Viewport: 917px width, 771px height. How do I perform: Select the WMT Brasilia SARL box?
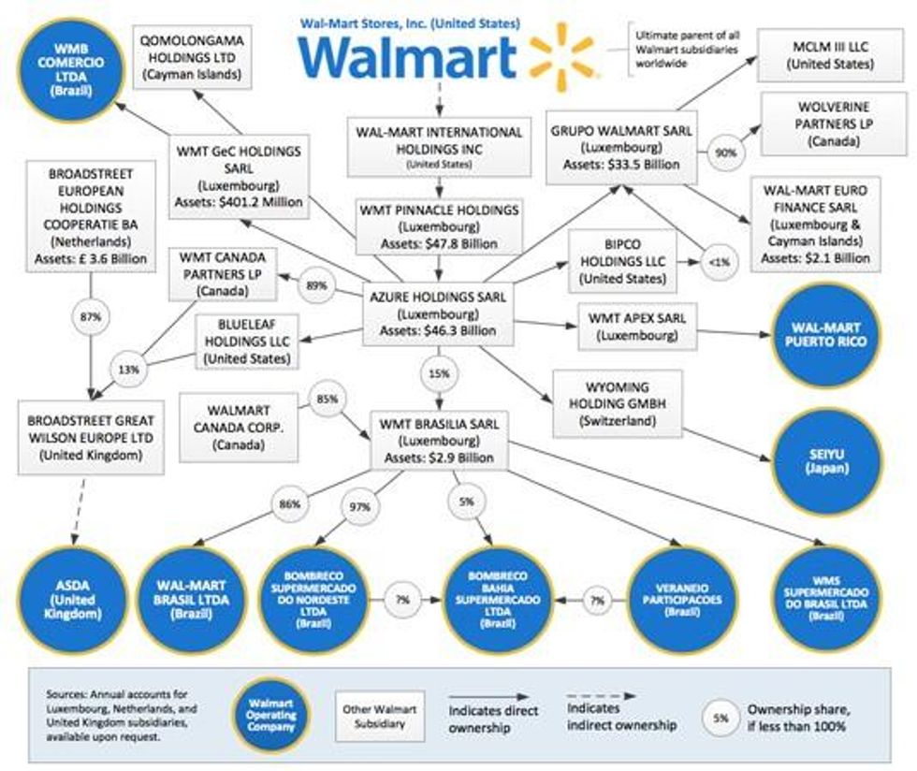click(x=439, y=440)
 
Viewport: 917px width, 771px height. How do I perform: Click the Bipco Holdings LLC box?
click(x=622, y=259)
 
